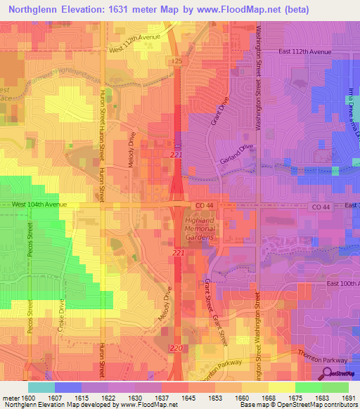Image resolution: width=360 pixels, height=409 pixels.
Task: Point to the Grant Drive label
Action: click(x=220, y=111)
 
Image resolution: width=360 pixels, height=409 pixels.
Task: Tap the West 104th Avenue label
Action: click(x=39, y=204)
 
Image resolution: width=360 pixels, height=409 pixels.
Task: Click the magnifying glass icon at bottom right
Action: click(x=326, y=373)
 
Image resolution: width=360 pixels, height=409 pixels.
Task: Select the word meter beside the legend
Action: click(x=10, y=398)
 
